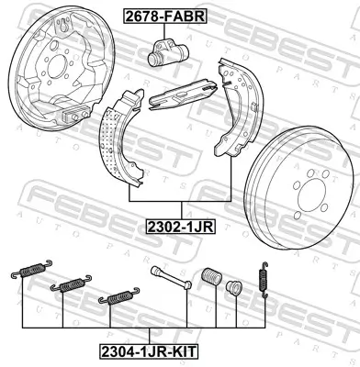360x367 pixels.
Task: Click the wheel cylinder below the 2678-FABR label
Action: pyautogui.click(x=166, y=55)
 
